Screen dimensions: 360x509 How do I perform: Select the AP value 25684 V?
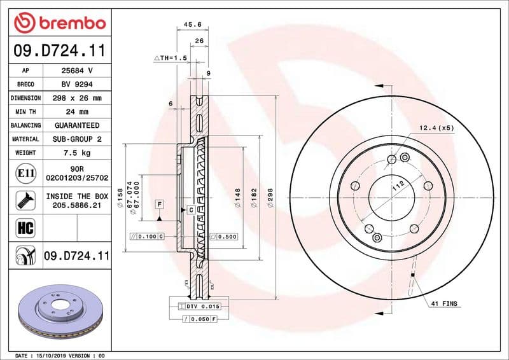click(76, 71)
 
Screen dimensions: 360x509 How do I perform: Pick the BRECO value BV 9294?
click(76, 85)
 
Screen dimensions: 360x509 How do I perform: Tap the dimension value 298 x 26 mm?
click(76, 99)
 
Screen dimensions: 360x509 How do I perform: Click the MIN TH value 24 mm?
click(76, 112)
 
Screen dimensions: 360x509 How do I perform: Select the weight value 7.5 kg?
click(76, 153)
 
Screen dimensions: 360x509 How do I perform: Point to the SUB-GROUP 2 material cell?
click(76, 139)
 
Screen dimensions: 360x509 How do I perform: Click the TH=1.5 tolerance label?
click(172, 58)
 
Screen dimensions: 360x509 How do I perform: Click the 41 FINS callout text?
click(444, 305)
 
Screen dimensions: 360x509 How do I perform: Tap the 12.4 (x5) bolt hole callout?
click(436, 128)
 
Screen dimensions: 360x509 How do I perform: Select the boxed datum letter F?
click(159, 204)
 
